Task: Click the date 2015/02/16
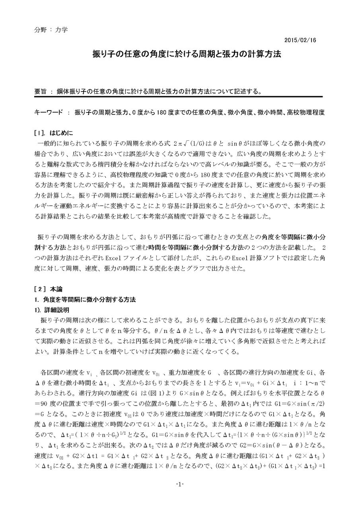pos(300,40)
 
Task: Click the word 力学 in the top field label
pos(61,30)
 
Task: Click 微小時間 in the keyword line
pos(269,113)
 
